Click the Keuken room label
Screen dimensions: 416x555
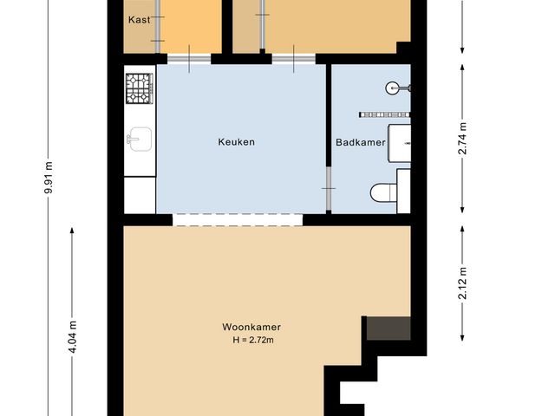pyautogui.click(x=236, y=142)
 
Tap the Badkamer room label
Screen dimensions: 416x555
pyautogui.click(x=360, y=142)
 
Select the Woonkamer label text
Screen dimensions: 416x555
pyautogui.click(x=251, y=327)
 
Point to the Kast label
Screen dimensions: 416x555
pyautogui.click(x=140, y=20)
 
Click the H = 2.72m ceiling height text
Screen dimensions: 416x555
pyautogui.click(x=251, y=340)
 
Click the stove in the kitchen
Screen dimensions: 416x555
pyautogui.click(x=139, y=87)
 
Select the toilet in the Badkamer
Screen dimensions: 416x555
pyautogui.click(x=382, y=192)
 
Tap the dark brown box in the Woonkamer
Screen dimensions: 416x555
pyautogui.click(x=388, y=328)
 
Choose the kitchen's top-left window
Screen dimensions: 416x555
pyautogui.click(x=188, y=59)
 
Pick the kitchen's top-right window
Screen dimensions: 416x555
pyautogui.click(x=293, y=59)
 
